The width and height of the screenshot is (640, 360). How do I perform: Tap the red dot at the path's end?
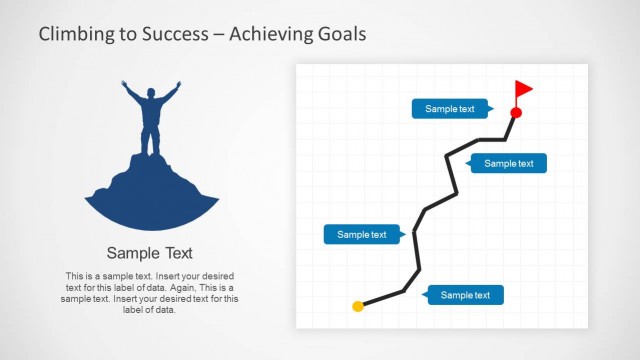[x=516, y=113]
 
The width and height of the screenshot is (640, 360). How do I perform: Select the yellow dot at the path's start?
[x=358, y=306]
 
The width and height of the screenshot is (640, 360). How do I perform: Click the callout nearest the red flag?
[x=450, y=109]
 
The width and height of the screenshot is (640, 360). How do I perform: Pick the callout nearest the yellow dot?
[x=466, y=295]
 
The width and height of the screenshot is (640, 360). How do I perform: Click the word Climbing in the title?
[x=76, y=34]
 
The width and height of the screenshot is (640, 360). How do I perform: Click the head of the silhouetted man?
[x=151, y=94]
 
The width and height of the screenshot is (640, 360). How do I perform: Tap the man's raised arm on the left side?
[x=131, y=93]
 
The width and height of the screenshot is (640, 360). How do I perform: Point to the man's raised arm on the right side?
[x=171, y=93]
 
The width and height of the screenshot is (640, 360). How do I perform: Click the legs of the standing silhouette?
[x=151, y=140]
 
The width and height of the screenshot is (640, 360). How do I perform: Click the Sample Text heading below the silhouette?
[x=150, y=253]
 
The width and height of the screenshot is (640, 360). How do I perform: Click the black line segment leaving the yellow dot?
[x=382, y=298]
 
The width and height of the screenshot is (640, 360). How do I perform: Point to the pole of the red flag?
[x=517, y=96]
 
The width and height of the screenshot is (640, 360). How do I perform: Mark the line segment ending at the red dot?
[x=509, y=126]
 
